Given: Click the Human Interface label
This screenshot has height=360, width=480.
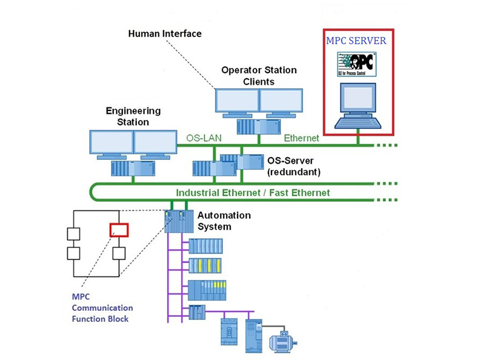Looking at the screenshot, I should pos(164,34).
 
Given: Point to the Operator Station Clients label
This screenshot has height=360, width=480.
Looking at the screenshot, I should pos(259,76).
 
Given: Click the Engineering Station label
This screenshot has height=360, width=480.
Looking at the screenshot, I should pos(133,116).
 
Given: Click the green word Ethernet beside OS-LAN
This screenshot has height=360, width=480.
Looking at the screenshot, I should pos(302,138).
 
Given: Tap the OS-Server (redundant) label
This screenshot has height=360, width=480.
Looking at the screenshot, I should pos(294,167).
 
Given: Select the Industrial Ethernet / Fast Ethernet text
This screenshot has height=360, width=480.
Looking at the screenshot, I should pos(253,193).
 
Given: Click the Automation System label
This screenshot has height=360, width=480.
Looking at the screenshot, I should pos(224,221).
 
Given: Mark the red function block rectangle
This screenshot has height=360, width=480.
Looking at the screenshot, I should pos(119,230).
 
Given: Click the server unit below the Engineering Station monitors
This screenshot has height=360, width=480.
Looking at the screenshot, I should pos(131,167).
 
